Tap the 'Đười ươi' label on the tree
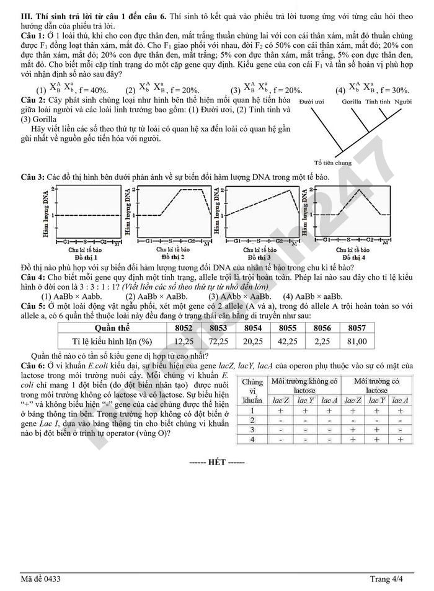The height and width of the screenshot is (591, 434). pos(312,101)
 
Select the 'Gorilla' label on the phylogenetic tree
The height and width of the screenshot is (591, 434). pos(352,101)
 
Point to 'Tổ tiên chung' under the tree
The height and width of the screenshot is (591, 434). pos(333,163)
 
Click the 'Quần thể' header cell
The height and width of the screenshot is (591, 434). pos(112,327)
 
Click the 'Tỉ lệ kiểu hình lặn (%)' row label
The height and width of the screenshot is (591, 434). pos(112,341)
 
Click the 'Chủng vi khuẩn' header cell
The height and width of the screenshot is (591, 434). pos(252,391)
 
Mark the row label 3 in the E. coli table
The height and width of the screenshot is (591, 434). pos(252,429)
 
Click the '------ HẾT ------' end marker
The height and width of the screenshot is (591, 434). pos(216,463)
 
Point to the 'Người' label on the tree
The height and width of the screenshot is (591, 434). pos(402,101)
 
